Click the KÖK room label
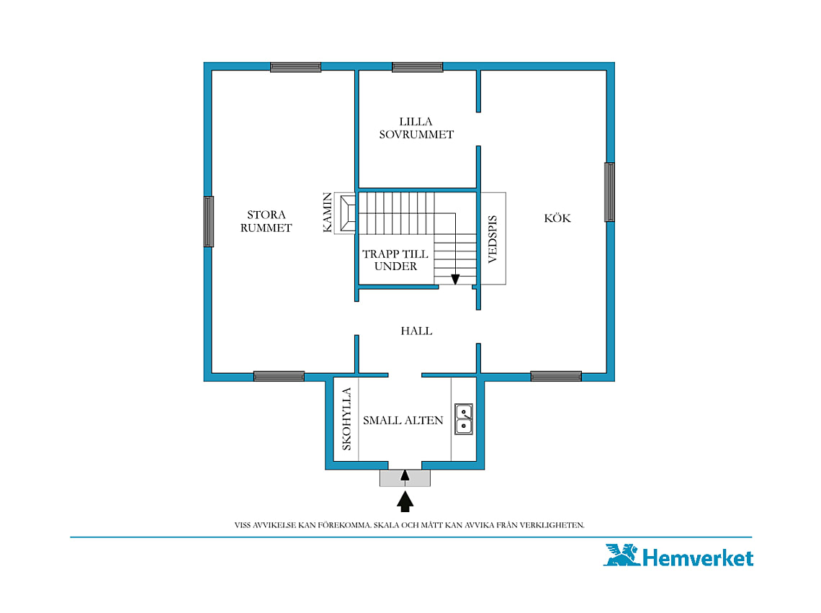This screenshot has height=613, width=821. tap(557, 218)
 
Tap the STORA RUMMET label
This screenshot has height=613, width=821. tap(266, 221)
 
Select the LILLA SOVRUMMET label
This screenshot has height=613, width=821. tap(416, 127)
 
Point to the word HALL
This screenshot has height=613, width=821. tap(416, 331)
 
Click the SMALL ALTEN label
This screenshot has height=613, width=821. tap(403, 420)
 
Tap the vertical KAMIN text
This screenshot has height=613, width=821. tap(327, 212)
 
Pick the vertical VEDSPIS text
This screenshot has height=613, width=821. tap(492, 239)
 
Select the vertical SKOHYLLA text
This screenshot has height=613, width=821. tap(346, 419)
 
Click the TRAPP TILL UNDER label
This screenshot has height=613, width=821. tap(395, 260)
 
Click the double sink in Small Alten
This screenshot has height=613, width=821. tap(463, 419)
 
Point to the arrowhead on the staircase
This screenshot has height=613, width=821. tap(456, 279)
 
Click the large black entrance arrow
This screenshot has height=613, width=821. tap(405, 501)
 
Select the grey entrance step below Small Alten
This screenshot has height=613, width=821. tap(405, 478)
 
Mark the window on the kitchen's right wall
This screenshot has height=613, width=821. tap(609, 192)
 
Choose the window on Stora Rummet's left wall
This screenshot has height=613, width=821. tap(208, 221)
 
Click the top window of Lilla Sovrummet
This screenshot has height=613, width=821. tap(417, 67)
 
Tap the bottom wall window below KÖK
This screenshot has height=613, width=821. tap(556, 376)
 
